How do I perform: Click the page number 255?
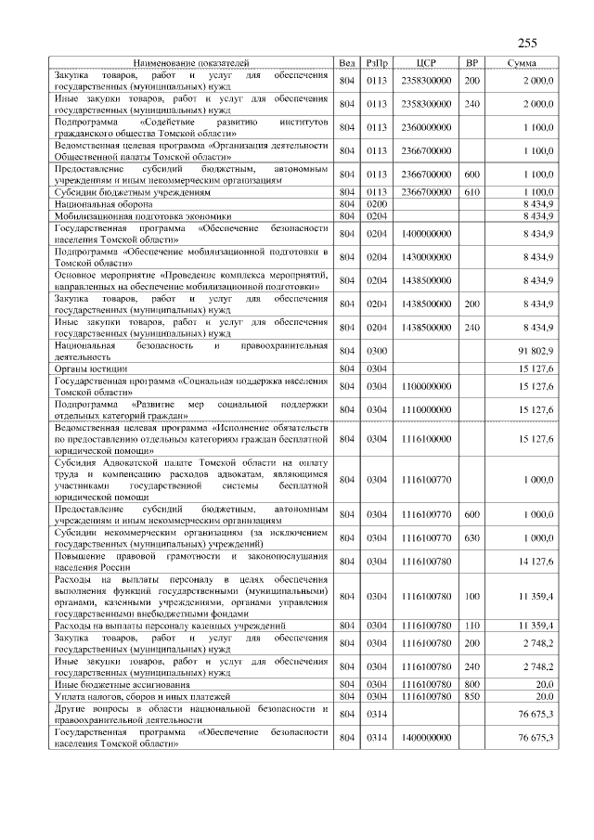527,42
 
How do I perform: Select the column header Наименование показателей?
191,62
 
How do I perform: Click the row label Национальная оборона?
97,201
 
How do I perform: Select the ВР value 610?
471,191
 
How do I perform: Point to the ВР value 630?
471,537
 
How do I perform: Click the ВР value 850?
471,694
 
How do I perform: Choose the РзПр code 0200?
376,201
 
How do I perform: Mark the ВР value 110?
471,627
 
